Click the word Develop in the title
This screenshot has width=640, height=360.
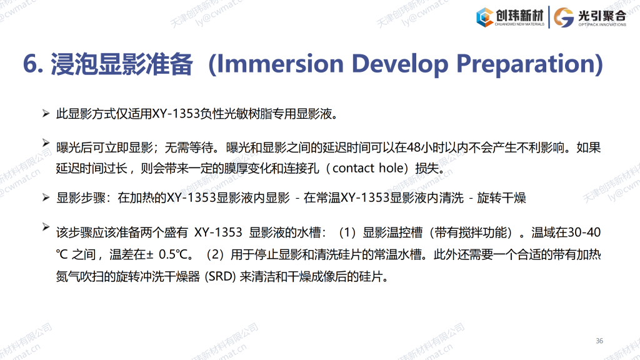[x=400, y=65]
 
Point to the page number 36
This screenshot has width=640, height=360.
[x=599, y=341]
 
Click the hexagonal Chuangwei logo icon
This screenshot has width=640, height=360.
[x=484, y=17]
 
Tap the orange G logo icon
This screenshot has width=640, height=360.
[x=564, y=17]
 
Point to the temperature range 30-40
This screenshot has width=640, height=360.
[x=584, y=232]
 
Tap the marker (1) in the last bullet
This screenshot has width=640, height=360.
[x=347, y=232]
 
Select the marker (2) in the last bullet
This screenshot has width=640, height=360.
[x=215, y=255]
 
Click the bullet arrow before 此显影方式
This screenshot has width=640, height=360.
[x=46, y=113]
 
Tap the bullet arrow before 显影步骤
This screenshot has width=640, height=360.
[x=46, y=197]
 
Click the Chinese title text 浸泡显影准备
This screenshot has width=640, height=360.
[x=121, y=64]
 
